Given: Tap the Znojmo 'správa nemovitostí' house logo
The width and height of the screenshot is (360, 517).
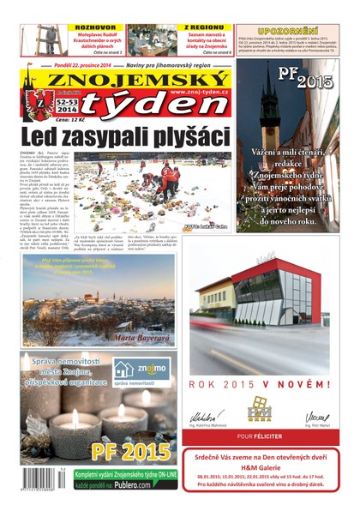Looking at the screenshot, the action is (x=137, y=370).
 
